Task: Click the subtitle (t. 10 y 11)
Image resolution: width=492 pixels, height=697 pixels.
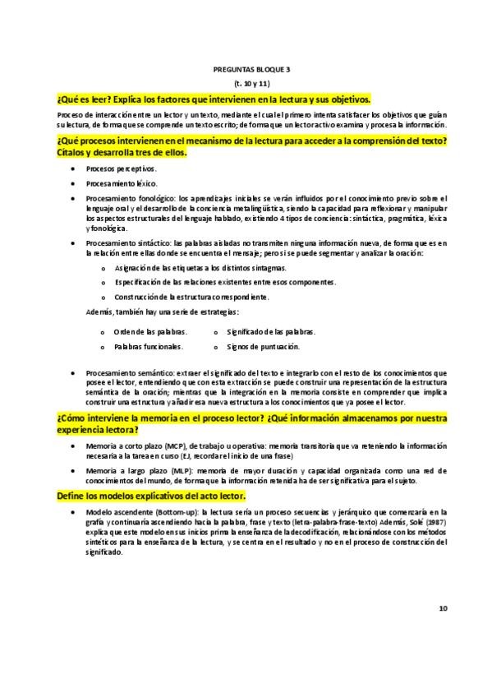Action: [x=246, y=85]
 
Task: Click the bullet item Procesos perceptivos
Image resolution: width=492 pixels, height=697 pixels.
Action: [x=121, y=168]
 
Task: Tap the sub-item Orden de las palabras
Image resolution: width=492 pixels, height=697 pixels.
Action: [x=149, y=332]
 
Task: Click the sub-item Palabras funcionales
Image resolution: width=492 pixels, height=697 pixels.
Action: [x=148, y=347]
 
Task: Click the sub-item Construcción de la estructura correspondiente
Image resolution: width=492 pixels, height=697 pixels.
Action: [x=203, y=296]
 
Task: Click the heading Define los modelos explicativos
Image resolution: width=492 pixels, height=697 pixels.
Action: [x=151, y=497]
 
